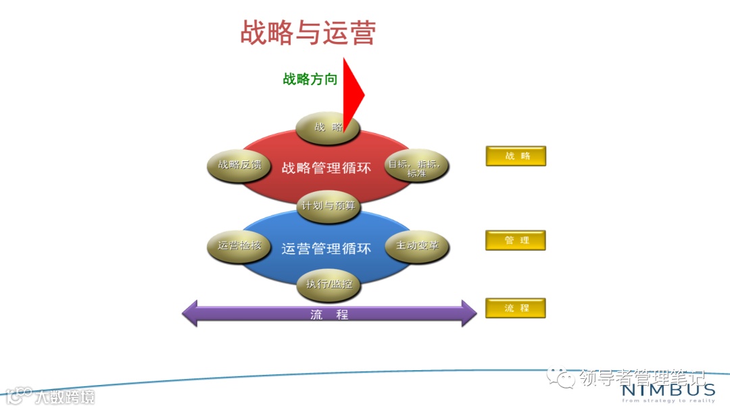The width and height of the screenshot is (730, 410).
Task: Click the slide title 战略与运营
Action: (x=308, y=32)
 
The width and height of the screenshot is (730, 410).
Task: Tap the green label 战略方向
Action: (x=310, y=79)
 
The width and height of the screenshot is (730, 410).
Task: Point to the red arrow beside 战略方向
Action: (x=352, y=95)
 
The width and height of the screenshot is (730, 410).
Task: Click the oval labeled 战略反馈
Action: (x=234, y=165)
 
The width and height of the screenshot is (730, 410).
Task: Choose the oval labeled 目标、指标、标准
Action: (x=416, y=165)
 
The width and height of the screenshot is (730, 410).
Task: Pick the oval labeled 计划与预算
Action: (x=328, y=205)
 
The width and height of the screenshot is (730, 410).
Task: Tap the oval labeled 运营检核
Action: (x=234, y=246)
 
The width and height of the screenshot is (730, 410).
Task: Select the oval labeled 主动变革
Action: (x=417, y=246)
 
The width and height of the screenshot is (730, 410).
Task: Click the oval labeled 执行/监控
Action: (x=328, y=284)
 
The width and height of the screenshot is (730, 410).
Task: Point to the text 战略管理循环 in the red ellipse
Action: (x=326, y=168)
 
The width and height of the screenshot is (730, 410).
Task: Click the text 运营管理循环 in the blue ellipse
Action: (x=326, y=249)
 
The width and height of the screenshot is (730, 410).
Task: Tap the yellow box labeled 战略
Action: (x=516, y=156)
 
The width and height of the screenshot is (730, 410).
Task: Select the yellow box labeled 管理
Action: (x=516, y=240)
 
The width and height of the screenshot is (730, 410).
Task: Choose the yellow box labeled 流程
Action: (x=516, y=308)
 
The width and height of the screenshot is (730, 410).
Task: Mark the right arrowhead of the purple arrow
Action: (x=469, y=313)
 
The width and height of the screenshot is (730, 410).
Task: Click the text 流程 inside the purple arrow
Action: (x=329, y=314)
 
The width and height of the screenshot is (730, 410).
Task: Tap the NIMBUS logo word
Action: (x=667, y=390)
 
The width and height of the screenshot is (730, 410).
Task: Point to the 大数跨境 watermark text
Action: (x=66, y=396)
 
